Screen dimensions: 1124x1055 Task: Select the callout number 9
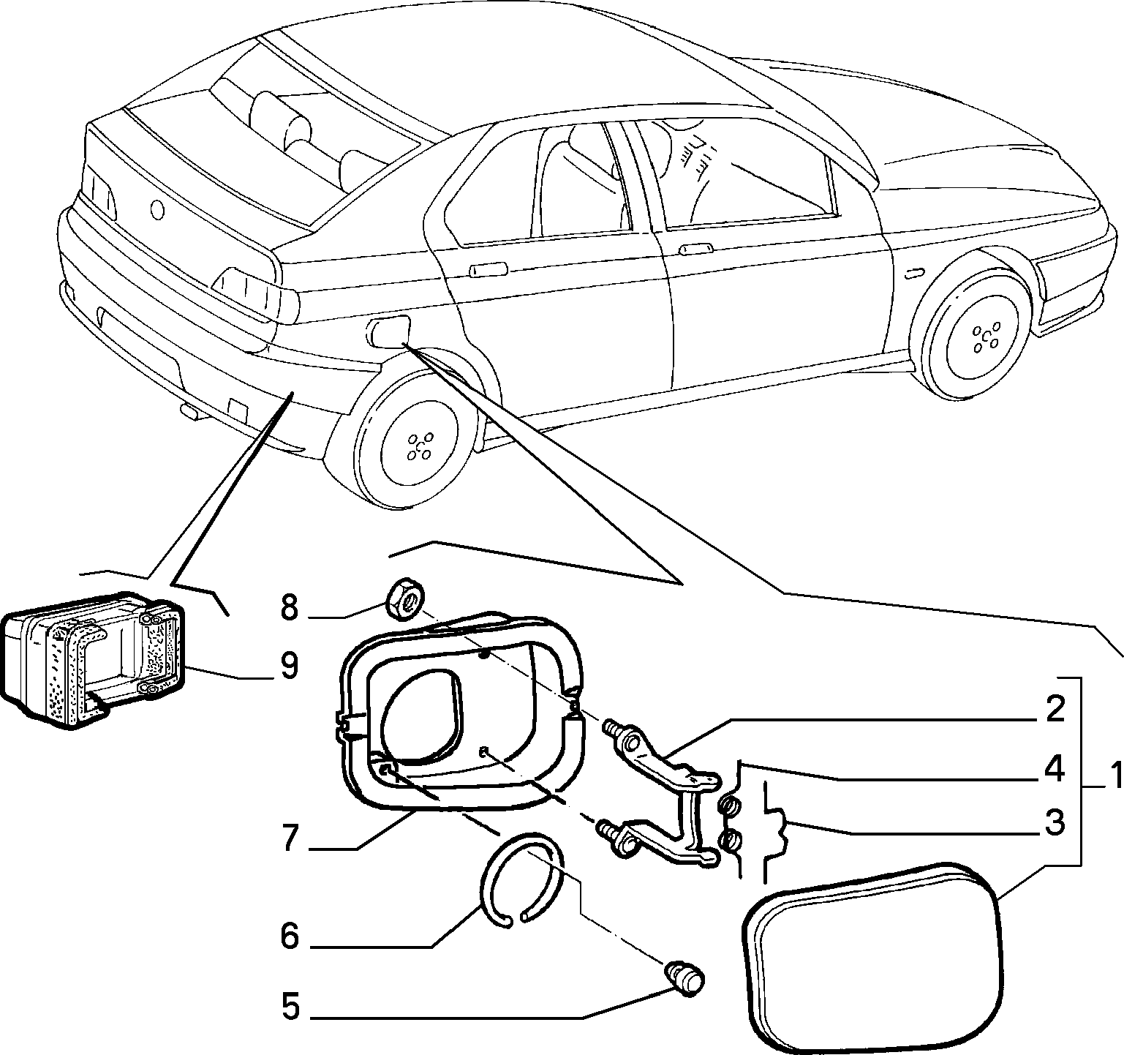pos(289,666)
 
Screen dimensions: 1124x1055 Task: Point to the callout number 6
pos(290,936)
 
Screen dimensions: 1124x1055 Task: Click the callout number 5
pos(290,1007)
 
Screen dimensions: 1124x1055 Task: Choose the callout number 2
pos(1054,710)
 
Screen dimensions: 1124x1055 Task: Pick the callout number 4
pos(1054,770)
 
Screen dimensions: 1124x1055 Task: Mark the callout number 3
pos(1054,823)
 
